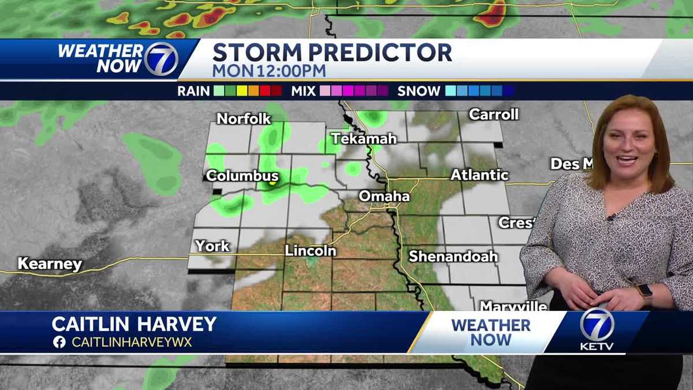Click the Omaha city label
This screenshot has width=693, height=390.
point(384,196)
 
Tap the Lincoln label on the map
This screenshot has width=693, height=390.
point(310,251)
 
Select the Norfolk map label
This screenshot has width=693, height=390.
point(244,118)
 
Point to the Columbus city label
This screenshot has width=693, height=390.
point(243,176)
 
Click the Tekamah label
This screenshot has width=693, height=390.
point(364,139)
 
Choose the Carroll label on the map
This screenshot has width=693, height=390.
point(494,114)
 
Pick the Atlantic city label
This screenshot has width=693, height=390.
point(479,174)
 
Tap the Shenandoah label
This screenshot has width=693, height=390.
point(453,256)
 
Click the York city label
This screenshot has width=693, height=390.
point(212,246)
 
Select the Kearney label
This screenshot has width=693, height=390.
point(50,264)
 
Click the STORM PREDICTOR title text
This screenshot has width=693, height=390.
point(332,53)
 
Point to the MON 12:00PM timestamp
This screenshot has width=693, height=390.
point(269,70)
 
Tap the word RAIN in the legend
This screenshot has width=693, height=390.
point(193,91)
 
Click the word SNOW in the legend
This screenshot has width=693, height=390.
point(419,91)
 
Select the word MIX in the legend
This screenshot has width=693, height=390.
point(303,91)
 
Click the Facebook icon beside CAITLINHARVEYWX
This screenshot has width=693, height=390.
point(59,342)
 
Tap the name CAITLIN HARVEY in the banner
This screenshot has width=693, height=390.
point(134,324)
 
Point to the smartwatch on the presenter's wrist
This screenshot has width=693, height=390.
point(645,291)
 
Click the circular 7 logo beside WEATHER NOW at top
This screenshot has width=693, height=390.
point(161,59)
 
